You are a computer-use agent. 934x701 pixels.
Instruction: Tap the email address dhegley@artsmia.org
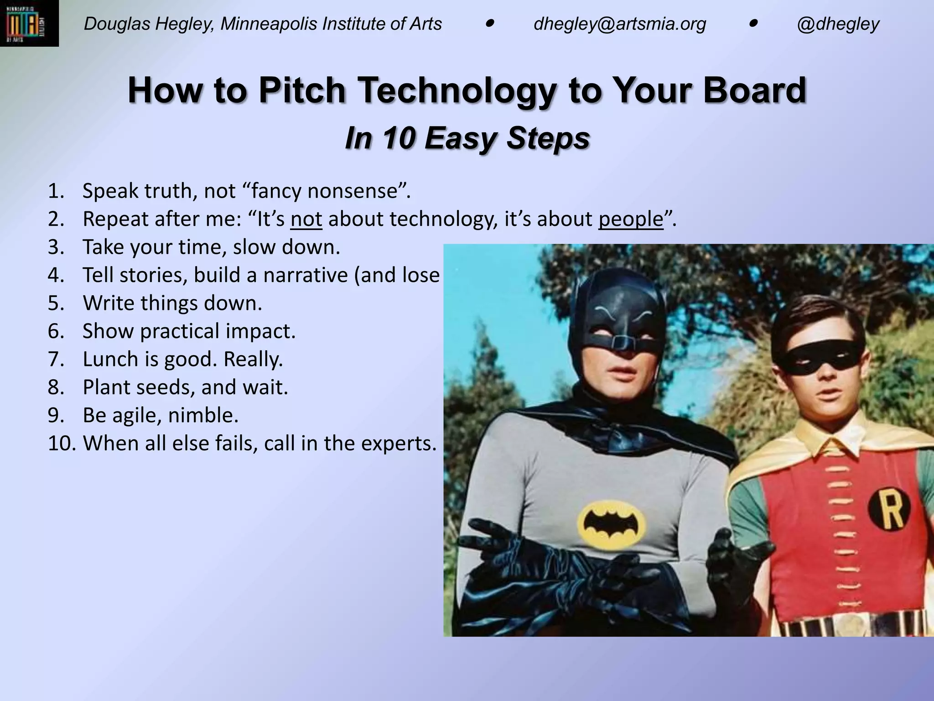click(620, 24)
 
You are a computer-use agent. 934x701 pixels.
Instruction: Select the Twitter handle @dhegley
click(838, 24)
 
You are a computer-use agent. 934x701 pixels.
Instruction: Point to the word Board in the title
click(754, 90)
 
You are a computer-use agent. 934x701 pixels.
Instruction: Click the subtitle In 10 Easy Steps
click(467, 138)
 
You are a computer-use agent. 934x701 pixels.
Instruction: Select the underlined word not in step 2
click(306, 219)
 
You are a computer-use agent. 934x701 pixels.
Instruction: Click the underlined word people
click(631, 219)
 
